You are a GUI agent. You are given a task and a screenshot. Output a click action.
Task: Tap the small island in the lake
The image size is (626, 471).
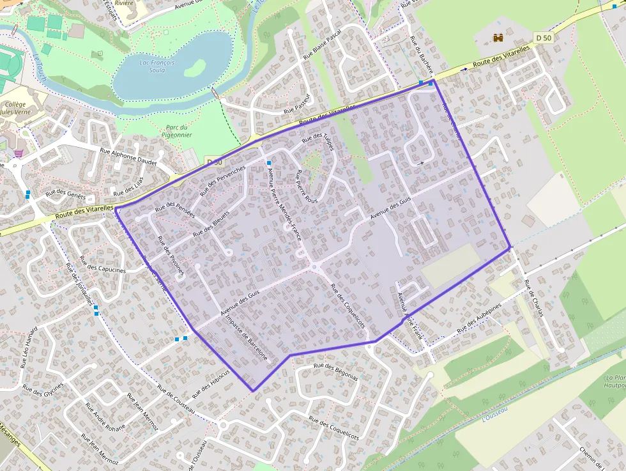196,66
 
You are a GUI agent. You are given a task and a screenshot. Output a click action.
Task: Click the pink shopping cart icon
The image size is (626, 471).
19,153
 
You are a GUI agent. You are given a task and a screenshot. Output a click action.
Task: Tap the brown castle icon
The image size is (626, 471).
498,38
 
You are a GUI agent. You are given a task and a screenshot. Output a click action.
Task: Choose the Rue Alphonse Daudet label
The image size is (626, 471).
128,155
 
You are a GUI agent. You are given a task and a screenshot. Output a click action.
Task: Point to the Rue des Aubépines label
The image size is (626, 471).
479,319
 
